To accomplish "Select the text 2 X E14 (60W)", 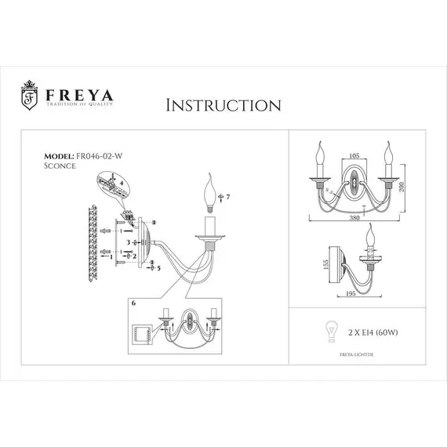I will coord(369,333).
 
